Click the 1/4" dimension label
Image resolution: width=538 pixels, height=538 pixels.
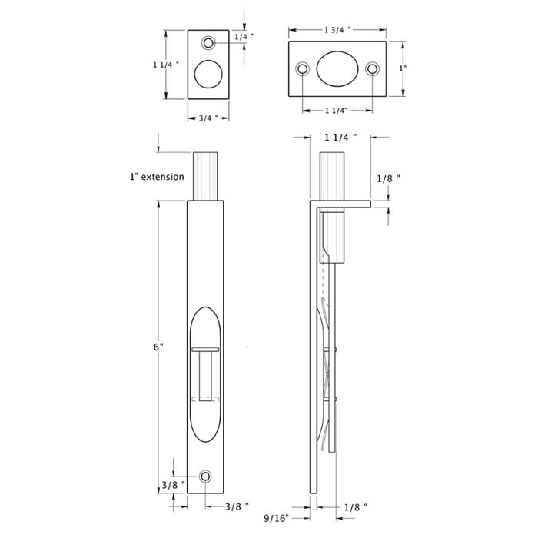coord(242,37)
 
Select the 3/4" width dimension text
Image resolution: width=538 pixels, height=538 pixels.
coord(208,118)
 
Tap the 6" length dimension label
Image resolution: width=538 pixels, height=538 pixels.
coord(158,347)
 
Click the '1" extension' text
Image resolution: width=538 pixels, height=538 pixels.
coord(157,177)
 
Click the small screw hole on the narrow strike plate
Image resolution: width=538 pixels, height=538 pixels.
coord(208,42)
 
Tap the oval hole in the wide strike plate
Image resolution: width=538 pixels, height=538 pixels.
coord(337,69)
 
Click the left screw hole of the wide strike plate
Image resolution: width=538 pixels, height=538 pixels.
coord(303,69)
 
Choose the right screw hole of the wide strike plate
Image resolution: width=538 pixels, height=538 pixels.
coord(372,69)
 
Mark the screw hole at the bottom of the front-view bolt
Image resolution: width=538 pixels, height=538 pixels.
coord(205,477)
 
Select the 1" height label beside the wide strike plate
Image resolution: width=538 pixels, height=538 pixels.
coord(402,68)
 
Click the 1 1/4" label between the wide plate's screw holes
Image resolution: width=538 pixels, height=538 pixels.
coord(336,111)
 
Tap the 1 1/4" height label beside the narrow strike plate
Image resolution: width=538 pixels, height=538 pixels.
coord(165,65)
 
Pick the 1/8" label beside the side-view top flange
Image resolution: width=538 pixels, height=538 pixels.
coord(388,178)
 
